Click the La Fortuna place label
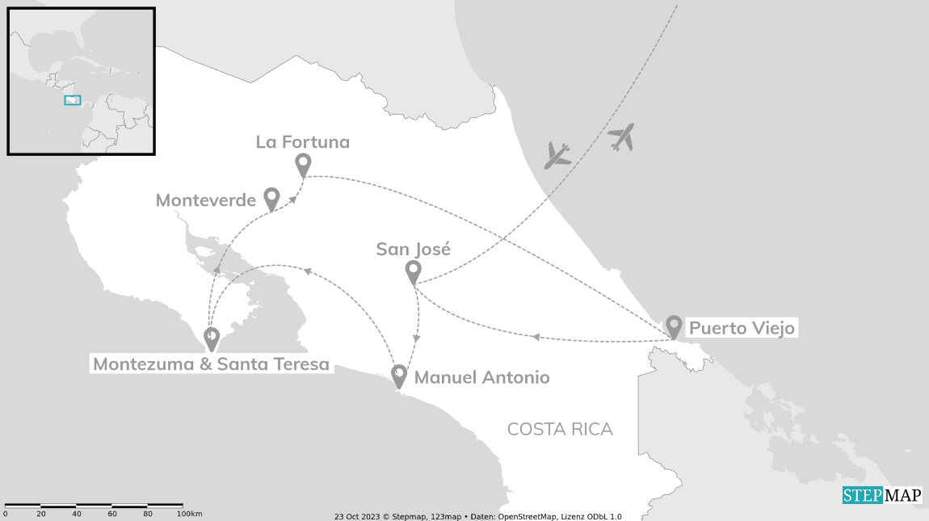(x=303, y=142)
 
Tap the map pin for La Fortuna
(x=303, y=165)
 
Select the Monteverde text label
(x=205, y=200)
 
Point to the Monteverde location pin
(x=272, y=198)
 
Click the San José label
(x=413, y=249)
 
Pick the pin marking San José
(x=413, y=271)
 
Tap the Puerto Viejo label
(x=742, y=329)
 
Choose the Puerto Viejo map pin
(x=674, y=326)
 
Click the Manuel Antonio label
(x=481, y=377)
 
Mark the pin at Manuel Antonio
(x=399, y=376)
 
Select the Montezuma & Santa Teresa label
(x=211, y=364)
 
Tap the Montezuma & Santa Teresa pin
(x=212, y=338)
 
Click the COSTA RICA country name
(x=560, y=429)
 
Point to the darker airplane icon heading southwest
(x=558, y=154)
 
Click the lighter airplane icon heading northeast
(x=621, y=137)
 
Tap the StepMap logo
(x=881, y=495)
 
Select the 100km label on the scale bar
(x=189, y=514)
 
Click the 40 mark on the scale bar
(x=77, y=514)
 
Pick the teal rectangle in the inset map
(x=73, y=100)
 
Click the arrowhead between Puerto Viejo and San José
(x=535, y=337)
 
